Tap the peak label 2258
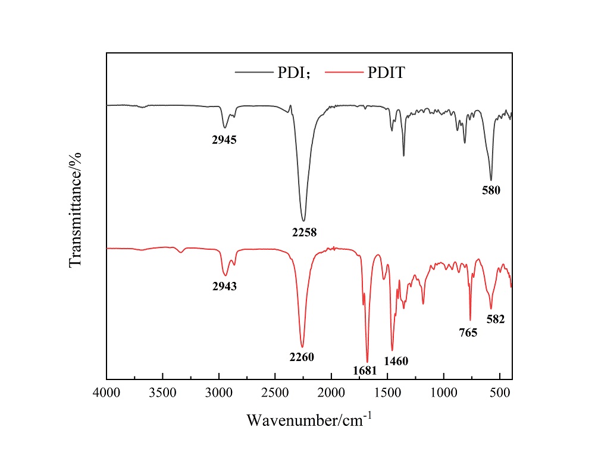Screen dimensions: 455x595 303,232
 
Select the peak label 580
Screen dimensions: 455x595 491,191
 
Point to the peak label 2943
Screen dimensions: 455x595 224,286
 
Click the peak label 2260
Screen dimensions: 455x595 302,357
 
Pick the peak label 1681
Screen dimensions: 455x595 365,371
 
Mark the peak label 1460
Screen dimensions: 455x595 396,360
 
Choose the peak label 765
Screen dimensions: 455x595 468,332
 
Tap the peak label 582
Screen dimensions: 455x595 495,319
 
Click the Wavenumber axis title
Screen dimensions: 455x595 309,419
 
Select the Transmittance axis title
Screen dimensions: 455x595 76,209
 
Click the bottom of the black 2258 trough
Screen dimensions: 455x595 303,221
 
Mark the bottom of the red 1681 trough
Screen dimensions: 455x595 367,362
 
